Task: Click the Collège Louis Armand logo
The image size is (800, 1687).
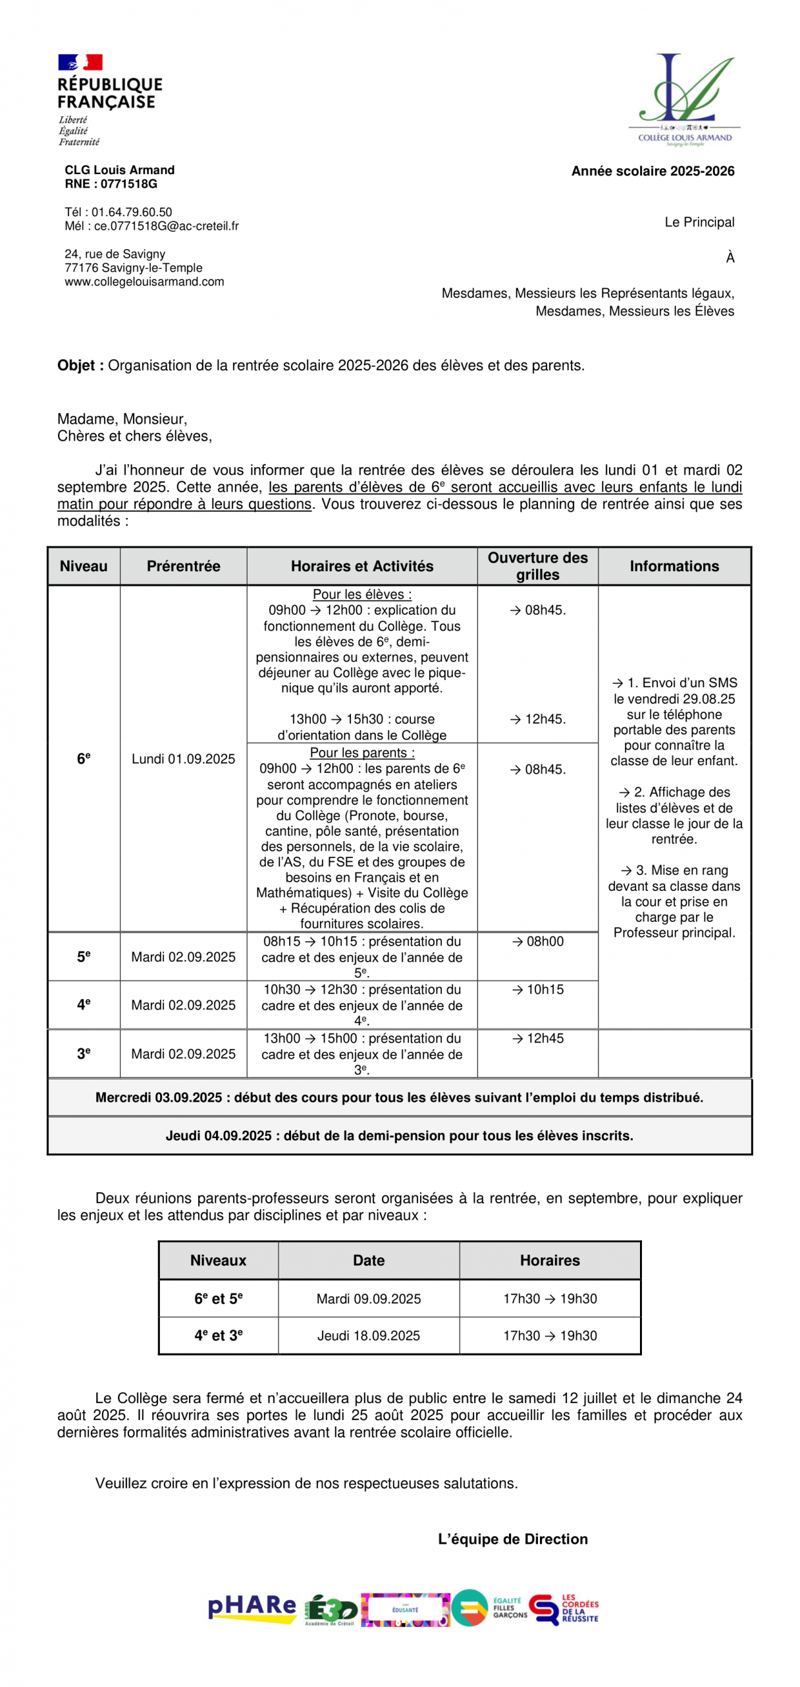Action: [684, 99]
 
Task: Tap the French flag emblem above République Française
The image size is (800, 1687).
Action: [80, 62]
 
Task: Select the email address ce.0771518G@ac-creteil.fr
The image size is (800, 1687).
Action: [166, 226]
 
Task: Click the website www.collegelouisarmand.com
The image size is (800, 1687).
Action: [144, 281]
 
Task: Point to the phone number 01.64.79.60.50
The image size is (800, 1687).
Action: [131, 212]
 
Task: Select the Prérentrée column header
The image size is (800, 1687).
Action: [183, 566]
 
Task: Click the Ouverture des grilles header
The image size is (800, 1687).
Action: [537, 566]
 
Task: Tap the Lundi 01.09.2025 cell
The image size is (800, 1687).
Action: [183, 758]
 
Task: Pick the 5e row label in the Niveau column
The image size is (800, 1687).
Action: [84, 956]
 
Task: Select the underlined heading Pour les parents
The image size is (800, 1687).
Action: [362, 753]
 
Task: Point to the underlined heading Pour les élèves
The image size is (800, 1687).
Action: [362, 594]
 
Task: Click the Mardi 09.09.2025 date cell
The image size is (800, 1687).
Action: [368, 1298]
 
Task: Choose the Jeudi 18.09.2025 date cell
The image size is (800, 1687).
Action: [368, 1335]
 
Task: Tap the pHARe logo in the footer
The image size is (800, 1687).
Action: [252, 1609]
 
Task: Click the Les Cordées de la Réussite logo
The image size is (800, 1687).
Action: [564, 1609]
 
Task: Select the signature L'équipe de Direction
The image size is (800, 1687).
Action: [512, 1539]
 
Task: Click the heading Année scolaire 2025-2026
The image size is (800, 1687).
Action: [653, 171]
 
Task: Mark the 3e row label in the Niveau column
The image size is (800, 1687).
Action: [84, 1053]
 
